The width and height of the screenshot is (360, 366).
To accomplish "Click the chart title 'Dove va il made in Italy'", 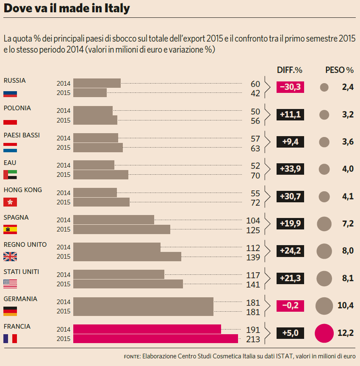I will click(x=66, y=8).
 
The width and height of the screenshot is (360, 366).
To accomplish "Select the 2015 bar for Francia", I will click(x=155, y=338).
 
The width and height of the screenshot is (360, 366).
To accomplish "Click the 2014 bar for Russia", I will click(x=97, y=83).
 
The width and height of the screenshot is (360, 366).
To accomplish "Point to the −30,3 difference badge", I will click(x=290, y=87).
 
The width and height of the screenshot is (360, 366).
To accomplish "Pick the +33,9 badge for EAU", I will click(x=290, y=169).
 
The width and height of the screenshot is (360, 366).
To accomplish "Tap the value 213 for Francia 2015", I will click(x=253, y=339).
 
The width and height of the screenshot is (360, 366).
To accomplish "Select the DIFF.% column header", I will click(x=290, y=70).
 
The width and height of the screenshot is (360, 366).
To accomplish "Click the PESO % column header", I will click(x=339, y=70).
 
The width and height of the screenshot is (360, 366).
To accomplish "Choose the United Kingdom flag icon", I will click(x=10, y=257).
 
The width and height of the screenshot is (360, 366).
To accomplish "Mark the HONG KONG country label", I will click(x=23, y=190).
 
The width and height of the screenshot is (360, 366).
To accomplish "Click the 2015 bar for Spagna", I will click(x=122, y=229).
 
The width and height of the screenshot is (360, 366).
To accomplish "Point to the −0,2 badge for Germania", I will click(x=290, y=306).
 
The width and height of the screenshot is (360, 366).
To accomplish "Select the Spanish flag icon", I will click(x=10, y=229).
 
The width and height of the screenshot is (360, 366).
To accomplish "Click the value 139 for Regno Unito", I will click(x=253, y=257).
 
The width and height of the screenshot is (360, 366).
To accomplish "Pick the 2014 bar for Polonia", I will click(x=93, y=111).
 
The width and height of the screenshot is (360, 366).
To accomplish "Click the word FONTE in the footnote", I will click(x=132, y=356).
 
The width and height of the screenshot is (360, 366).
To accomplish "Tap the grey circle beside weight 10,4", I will click(x=324, y=306).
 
